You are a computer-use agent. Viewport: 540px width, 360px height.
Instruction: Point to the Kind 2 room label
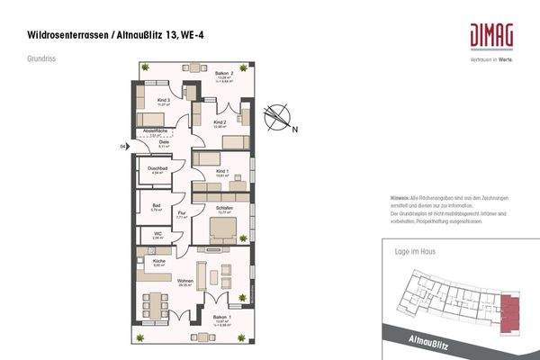point(219,123)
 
